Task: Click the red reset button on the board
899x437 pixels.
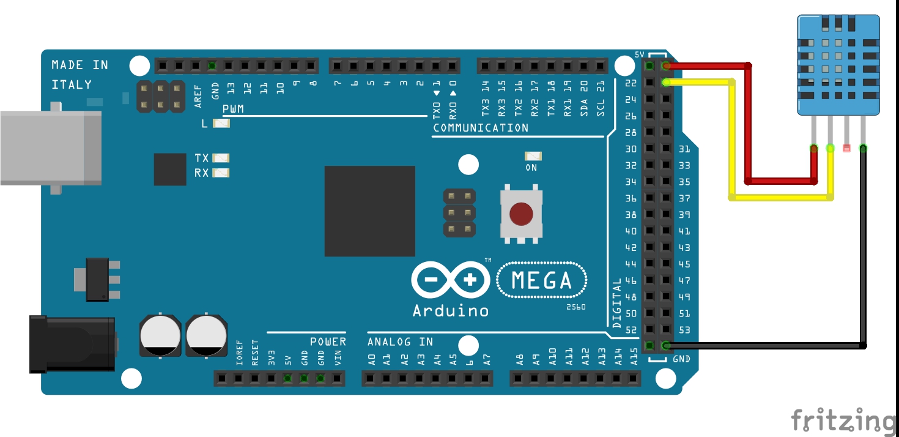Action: click(x=520, y=214)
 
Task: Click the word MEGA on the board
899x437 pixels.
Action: click(x=542, y=281)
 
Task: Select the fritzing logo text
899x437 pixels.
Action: click(x=844, y=420)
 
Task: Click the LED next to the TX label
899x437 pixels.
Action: click(x=221, y=158)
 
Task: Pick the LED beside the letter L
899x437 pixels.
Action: click(x=221, y=124)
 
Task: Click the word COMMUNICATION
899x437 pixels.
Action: click(x=481, y=128)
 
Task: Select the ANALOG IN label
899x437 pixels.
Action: click(x=400, y=342)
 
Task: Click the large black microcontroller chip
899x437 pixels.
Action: click(x=369, y=211)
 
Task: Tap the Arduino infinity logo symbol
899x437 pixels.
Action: click(x=451, y=281)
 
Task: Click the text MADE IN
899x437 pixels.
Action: click(x=80, y=65)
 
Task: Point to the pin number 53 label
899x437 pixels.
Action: click(x=684, y=331)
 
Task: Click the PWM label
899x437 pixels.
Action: click(x=234, y=109)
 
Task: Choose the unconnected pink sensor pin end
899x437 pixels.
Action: click(x=846, y=148)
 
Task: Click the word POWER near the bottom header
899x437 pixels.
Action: click(x=328, y=342)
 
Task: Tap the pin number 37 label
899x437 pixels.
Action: click(x=684, y=198)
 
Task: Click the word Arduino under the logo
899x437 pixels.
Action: click(x=451, y=310)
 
